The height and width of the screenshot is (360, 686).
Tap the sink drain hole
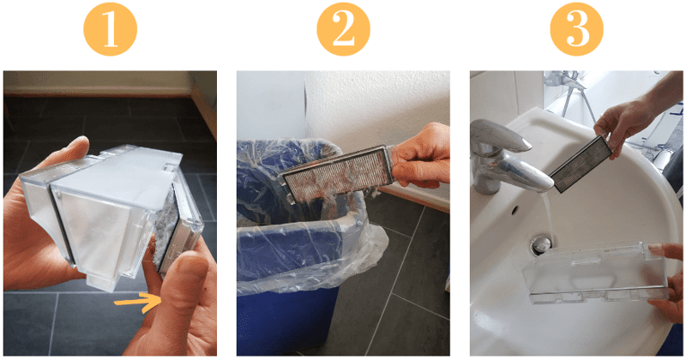coord(541,245)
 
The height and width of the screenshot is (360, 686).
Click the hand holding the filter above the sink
coord(630,120)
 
